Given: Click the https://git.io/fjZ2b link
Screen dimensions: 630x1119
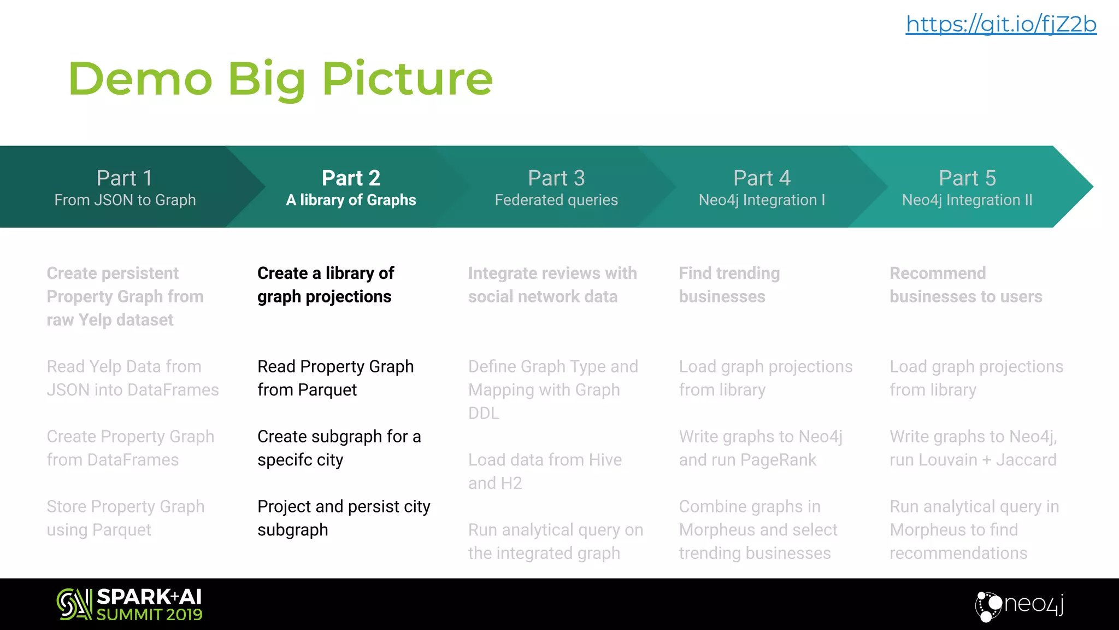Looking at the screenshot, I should (x=1001, y=25).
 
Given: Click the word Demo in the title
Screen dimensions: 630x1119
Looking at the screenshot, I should (x=140, y=79).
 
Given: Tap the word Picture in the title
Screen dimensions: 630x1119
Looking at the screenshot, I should (x=408, y=79).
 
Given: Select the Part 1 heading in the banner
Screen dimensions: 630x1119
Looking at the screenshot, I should (x=125, y=178).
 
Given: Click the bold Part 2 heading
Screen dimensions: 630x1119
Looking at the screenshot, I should (x=351, y=178).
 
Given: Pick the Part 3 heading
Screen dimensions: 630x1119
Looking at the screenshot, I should (x=556, y=178).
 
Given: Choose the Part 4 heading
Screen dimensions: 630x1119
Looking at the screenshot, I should (x=762, y=178).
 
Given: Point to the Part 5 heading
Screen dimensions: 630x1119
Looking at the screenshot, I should (x=967, y=178).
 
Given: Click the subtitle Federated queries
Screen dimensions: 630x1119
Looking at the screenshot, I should (x=556, y=200).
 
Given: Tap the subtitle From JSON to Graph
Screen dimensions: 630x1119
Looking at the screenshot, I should (x=125, y=200).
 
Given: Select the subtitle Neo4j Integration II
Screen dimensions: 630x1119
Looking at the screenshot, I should (x=967, y=200).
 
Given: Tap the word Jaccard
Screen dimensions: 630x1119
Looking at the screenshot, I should (x=1026, y=460).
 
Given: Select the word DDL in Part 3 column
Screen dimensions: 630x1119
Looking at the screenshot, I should (x=484, y=413).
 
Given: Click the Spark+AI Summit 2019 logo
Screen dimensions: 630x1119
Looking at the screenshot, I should (x=129, y=604).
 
